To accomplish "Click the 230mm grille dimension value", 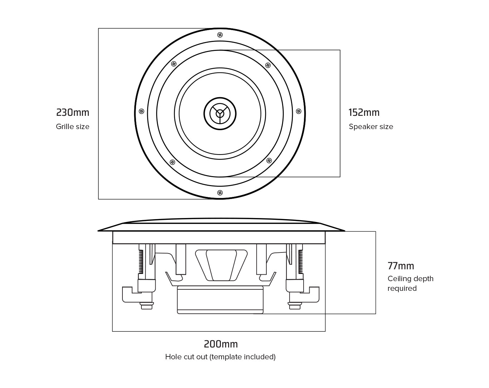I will (x=73, y=113).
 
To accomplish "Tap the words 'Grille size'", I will (x=73, y=127).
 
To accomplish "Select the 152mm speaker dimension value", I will (x=364, y=113).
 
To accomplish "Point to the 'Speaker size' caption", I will (x=371, y=127).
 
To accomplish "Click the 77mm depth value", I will (x=401, y=266).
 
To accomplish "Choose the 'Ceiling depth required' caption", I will (x=410, y=283).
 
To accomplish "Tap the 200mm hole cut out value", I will (x=221, y=344).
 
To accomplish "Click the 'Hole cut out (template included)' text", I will (x=220, y=357).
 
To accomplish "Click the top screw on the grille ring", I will (x=220, y=35).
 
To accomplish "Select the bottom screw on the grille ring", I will (x=220, y=193).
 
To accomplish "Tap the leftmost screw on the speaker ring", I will (x=141, y=112).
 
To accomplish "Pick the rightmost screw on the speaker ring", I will (x=299, y=112).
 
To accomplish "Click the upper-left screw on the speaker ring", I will (x=174, y=64).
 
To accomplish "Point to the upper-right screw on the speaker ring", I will (x=268, y=65).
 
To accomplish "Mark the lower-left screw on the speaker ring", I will (x=173, y=162).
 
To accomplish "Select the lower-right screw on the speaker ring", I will (x=269, y=160).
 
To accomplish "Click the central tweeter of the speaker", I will (x=220, y=113).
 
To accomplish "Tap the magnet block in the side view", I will (x=220, y=299).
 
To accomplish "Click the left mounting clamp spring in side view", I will (x=141, y=261).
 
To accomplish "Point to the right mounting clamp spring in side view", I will (x=300, y=261).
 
